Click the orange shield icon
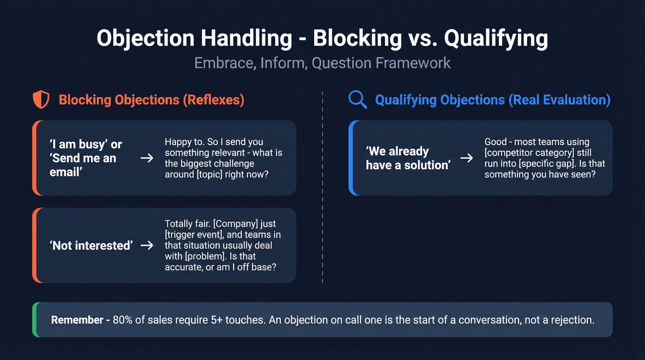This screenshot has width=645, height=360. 41,100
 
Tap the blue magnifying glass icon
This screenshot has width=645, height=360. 358,100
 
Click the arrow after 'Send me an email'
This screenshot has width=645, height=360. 147,158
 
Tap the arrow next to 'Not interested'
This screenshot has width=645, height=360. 147,245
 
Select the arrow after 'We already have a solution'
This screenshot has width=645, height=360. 467,158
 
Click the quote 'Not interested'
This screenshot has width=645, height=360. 91,245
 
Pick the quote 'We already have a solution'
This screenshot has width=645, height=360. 407,158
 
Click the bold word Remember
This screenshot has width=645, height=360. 77,320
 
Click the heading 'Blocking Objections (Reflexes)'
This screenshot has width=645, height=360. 151,100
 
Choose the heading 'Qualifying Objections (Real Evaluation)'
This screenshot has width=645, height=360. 493,100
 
